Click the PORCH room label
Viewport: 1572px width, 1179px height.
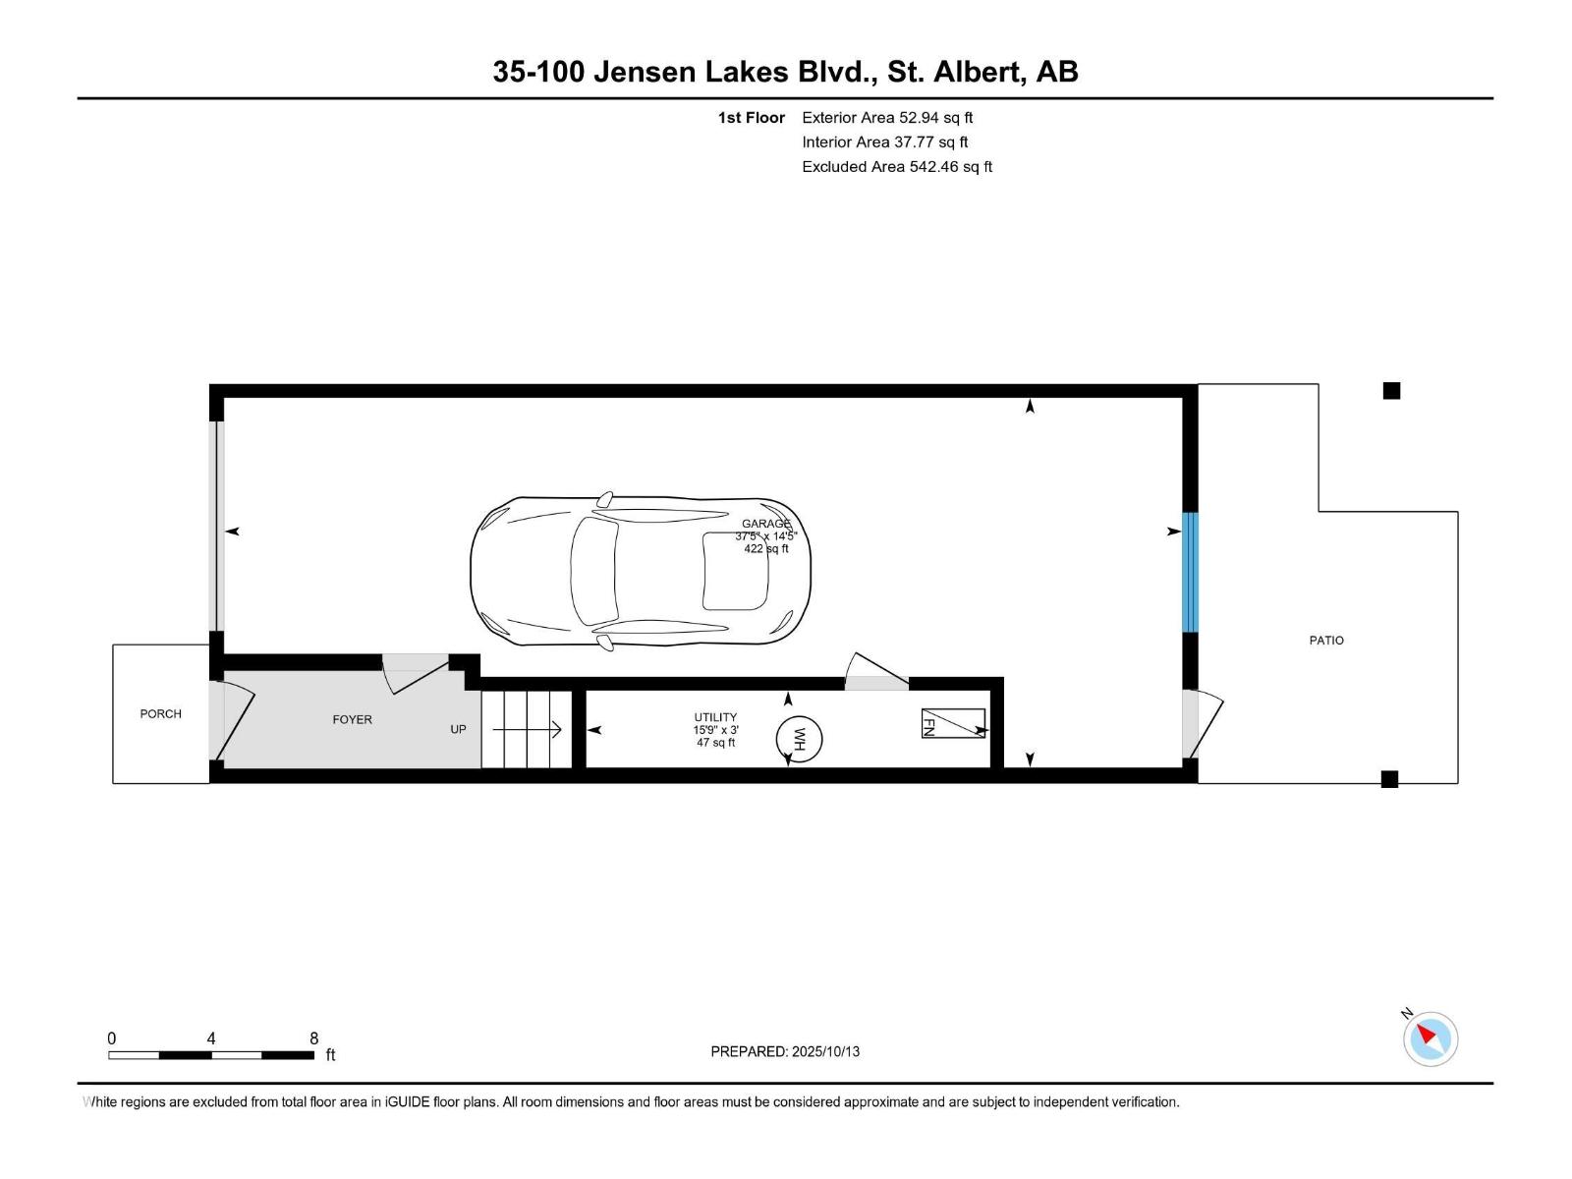tap(160, 714)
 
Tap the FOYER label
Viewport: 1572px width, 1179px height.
tap(352, 720)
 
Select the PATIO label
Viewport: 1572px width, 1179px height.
tap(1326, 641)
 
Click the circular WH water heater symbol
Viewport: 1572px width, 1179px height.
tap(798, 739)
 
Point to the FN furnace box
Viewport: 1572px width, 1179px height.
tap(952, 723)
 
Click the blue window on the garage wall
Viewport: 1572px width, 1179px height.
tap(1190, 572)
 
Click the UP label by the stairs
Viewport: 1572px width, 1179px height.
tap(458, 729)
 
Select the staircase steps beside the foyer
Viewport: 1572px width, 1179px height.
tap(526, 729)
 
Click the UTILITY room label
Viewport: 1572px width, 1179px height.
tap(715, 718)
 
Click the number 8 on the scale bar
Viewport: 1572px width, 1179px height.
tap(313, 1039)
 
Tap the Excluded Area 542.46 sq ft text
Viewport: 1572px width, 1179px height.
tap(896, 167)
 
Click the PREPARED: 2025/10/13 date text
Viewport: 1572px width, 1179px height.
tap(785, 1051)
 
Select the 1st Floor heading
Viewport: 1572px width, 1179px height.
tap(752, 118)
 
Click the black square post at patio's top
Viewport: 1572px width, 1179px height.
tap(1391, 391)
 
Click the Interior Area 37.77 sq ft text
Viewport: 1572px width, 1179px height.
tap(884, 142)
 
